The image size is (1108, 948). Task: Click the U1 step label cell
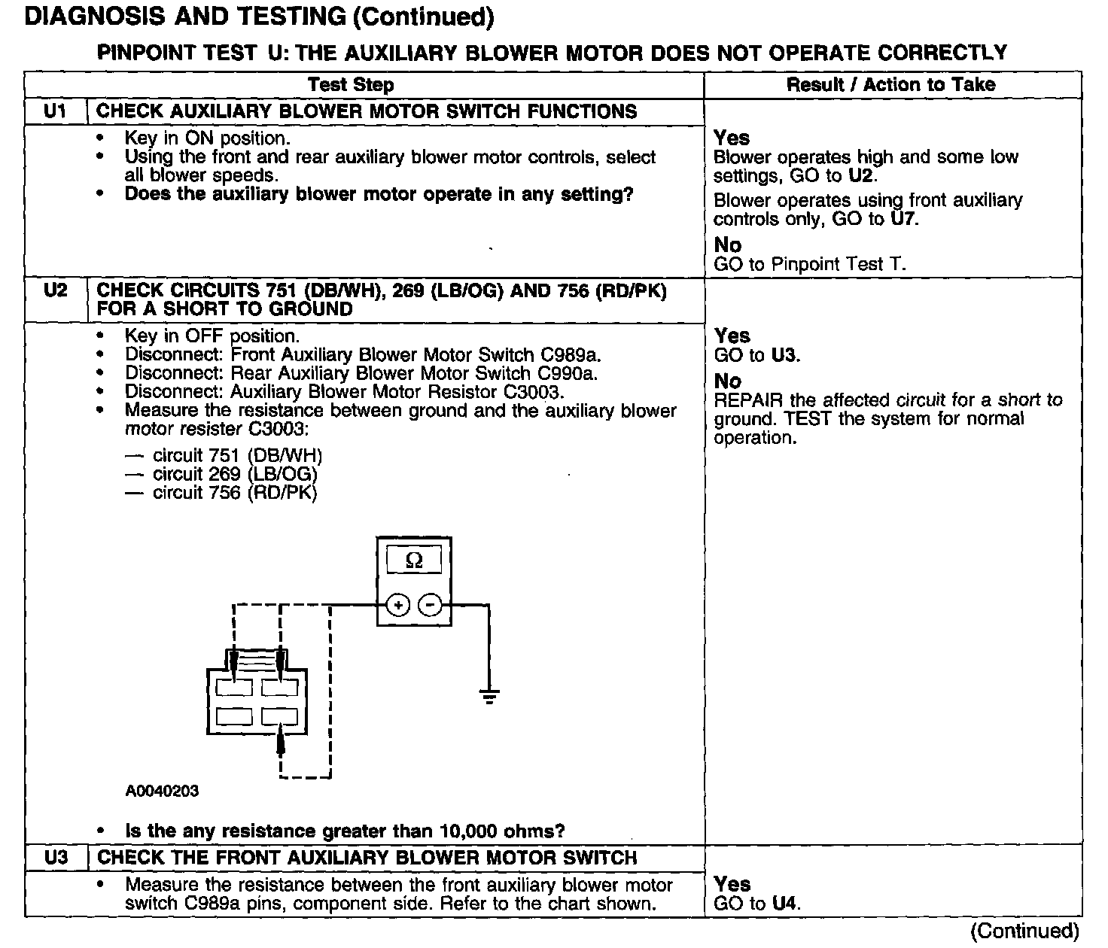coord(55,111)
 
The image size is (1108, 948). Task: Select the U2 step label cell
coord(55,290)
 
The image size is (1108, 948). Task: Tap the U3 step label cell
coord(55,858)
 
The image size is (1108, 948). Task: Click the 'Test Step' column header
coord(351,85)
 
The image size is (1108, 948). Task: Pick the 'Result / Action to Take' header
coord(891,85)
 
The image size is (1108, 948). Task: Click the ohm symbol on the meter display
coord(414,561)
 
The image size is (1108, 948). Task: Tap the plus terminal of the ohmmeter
coord(398,605)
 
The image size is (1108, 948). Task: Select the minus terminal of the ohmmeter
coord(430,605)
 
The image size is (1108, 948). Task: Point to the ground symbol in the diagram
coord(489,695)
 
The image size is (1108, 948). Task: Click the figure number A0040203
coord(162,791)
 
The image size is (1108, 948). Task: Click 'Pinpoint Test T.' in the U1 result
coord(839,264)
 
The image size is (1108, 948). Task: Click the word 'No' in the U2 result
coord(728,381)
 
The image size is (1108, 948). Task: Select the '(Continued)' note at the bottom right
coord(1025,931)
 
